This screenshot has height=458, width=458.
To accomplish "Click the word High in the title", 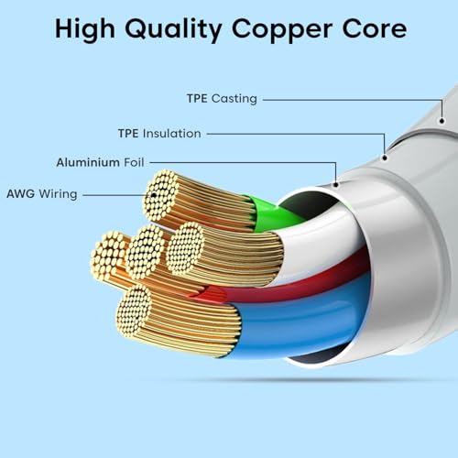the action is pos(85,29).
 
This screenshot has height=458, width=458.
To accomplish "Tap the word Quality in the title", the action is pos(173,29).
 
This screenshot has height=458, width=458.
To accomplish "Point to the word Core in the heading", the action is pos(375,28).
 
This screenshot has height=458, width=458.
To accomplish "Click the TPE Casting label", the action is pos(222,99).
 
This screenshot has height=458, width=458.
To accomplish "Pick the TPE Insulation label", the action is pos(159,134).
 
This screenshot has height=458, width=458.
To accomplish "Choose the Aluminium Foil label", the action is pos(100,162).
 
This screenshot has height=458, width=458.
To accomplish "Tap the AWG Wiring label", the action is pos(42,194).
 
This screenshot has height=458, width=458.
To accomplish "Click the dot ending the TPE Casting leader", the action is pos(442,121).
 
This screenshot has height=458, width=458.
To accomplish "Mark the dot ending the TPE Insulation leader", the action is pos(385,158).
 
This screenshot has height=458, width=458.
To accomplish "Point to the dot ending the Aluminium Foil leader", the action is pos(336,185).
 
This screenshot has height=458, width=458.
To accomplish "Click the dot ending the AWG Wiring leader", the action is pos(154,195).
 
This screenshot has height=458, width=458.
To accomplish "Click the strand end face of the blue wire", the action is pos(134,311).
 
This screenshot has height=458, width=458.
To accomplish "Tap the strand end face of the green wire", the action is pos(161,196).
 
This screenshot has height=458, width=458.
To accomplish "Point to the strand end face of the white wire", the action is pos(185,248).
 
